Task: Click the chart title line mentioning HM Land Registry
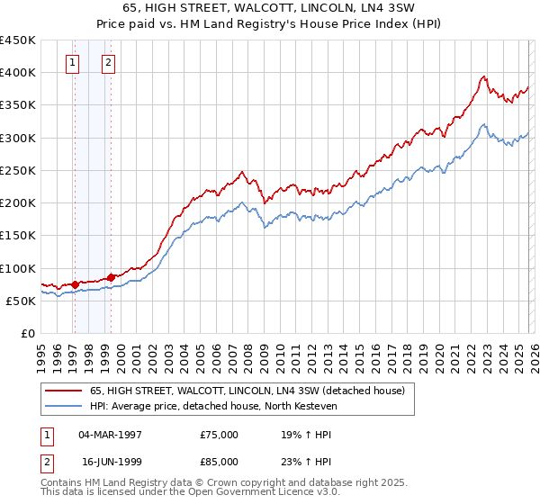[x=270, y=24]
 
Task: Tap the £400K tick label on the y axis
[x=18, y=73]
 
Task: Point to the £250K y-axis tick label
[x=18, y=170]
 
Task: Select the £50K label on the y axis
[x=22, y=301]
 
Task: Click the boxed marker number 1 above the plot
[x=72, y=63]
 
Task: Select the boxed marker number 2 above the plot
[x=108, y=63]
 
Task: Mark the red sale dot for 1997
[x=75, y=284]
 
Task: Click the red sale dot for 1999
[x=111, y=278]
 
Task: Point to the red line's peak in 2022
[x=484, y=76]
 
